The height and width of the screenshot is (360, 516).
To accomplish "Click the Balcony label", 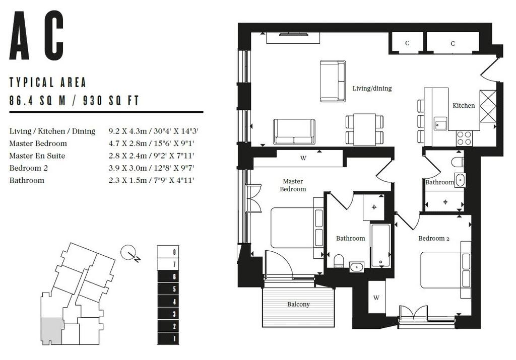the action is tap(298, 305).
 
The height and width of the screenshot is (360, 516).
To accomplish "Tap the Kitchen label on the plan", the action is tap(464, 106).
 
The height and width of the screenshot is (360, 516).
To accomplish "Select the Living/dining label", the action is tap(372, 89).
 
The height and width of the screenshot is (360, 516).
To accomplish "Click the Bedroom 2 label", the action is tap(434, 238).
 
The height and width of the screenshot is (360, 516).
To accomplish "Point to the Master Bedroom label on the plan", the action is tap(293, 185).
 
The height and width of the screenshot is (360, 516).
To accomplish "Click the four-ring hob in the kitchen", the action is tap(464, 138).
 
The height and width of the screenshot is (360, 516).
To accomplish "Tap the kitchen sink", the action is tap(440, 124).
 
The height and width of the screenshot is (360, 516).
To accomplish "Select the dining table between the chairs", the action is tap(364, 129).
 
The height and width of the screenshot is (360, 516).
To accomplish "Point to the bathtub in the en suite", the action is tap(381, 245).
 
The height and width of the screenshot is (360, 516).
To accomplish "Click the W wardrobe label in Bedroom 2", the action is tap(376, 298).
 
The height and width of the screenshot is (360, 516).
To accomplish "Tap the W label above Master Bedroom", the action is tap(303, 158).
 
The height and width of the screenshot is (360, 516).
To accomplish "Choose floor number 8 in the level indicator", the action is tap(174, 252).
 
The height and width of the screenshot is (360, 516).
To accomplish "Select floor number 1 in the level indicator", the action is tap(174, 339).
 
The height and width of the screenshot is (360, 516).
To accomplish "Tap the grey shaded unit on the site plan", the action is tap(51, 331).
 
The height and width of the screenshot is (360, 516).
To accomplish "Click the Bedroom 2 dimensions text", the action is tap(151, 168).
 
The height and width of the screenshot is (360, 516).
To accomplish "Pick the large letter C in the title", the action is tap(54, 36).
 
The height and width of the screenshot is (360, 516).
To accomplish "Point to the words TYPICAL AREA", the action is tap(48, 82).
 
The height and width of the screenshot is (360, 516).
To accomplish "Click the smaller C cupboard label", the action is tap(407, 43).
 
